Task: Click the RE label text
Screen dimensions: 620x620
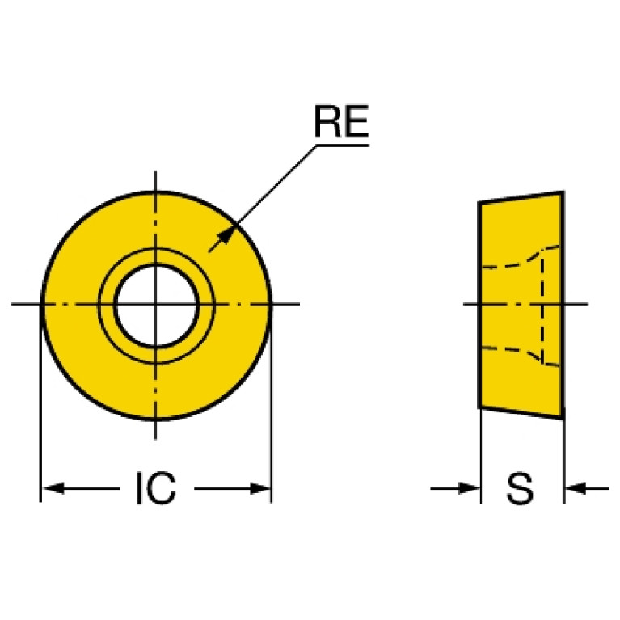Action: tap(341, 121)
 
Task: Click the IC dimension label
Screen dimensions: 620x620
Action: tap(156, 488)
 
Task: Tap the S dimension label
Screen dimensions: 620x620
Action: tap(520, 488)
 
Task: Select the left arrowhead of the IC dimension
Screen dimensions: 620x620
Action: tap(53, 488)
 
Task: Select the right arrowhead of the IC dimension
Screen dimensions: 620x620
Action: tap(260, 488)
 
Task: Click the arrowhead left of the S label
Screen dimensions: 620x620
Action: tap(470, 488)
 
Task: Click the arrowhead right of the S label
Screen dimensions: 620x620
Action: tap(576, 488)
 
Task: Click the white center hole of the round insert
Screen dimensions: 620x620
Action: tap(156, 305)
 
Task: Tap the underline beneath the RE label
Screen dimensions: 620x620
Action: tap(343, 146)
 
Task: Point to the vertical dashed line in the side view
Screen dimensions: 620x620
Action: tap(542, 308)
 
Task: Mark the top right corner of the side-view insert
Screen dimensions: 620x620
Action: tap(563, 192)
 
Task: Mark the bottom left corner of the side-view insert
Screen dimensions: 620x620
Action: tap(479, 408)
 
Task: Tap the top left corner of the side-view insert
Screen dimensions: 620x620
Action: tap(479, 202)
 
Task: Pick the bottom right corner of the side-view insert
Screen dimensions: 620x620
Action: tap(563, 419)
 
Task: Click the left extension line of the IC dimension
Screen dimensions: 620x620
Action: tap(40, 403)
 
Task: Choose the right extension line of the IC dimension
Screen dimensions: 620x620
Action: tap(272, 403)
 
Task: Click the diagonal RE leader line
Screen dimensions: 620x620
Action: tap(263, 199)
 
